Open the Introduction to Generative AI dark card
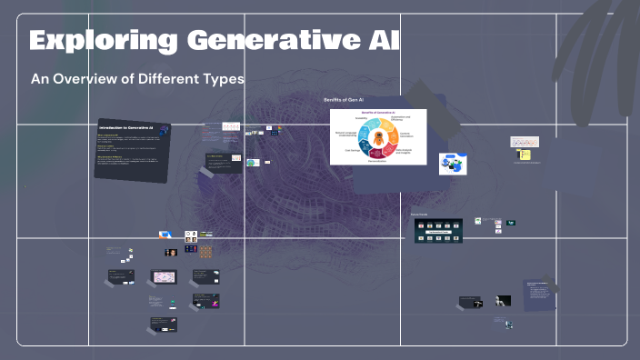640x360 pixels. pyautogui.click(x=134, y=149)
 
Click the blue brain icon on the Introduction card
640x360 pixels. pyautogui.click(x=163, y=131)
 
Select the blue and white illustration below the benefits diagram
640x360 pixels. pyautogui.click(x=452, y=165)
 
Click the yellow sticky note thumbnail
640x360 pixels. pyautogui.click(x=525, y=155)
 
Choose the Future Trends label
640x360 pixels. pyautogui.click(x=420, y=214)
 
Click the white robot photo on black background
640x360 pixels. pyautogui.click(x=503, y=301)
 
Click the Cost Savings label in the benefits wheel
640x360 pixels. pyautogui.click(x=351, y=150)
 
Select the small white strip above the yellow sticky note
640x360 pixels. pyautogui.click(x=525, y=142)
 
